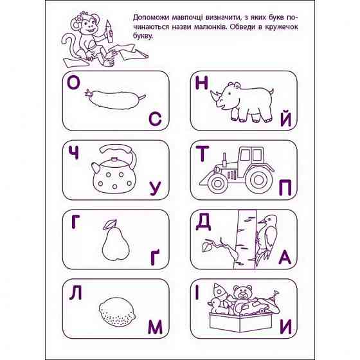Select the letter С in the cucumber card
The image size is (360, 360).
[x=154, y=119]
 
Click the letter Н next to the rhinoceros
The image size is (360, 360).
[x=203, y=84]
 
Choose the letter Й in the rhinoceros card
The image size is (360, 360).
[x=287, y=120]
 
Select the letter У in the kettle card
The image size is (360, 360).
[x=154, y=188]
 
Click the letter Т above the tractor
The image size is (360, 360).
[x=203, y=154]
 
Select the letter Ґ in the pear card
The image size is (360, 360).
[x=154, y=257]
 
